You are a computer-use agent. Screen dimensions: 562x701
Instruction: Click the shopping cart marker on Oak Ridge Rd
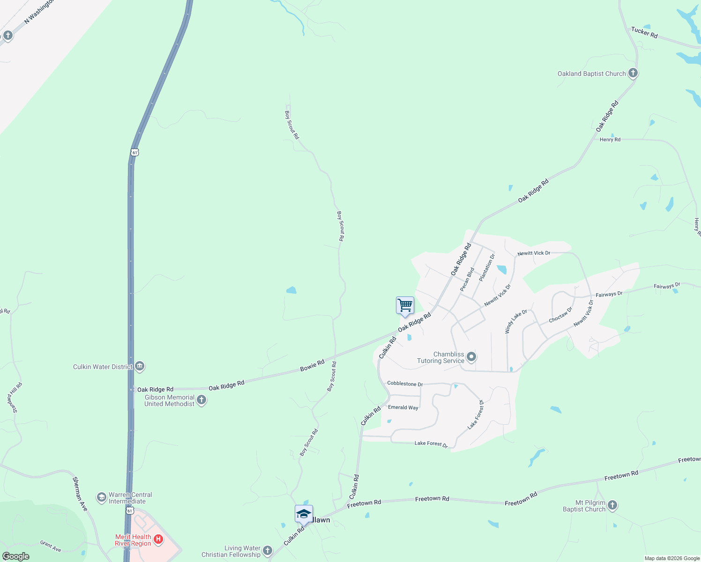(x=405, y=305)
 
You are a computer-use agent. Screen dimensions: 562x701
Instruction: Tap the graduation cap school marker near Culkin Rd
(x=304, y=514)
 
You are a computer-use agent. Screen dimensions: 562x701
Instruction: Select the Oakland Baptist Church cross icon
(x=633, y=73)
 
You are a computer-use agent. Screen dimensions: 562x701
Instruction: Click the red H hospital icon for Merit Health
(x=158, y=540)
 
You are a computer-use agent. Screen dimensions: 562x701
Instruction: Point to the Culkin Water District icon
(x=140, y=366)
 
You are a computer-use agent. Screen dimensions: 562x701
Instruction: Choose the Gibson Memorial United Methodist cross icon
(x=201, y=400)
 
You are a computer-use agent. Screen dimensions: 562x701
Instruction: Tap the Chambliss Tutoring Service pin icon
(x=471, y=357)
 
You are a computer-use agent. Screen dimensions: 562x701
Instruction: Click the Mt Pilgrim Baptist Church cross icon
(x=612, y=505)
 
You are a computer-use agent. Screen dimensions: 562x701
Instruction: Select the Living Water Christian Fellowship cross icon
(x=268, y=551)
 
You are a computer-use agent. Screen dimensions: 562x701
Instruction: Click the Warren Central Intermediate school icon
(x=101, y=497)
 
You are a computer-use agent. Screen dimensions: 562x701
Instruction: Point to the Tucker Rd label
(x=644, y=32)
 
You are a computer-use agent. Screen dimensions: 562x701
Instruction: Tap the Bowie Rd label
(x=312, y=365)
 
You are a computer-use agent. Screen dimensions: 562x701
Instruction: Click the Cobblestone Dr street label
(x=405, y=384)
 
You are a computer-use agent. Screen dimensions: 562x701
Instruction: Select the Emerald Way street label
(x=403, y=407)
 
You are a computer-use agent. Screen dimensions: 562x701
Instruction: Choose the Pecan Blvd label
(x=467, y=279)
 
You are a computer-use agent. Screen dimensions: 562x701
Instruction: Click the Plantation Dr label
(x=487, y=267)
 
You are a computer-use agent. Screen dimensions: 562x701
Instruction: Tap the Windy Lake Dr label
(x=516, y=321)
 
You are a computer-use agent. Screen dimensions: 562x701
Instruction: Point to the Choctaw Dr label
(x=560, y=315)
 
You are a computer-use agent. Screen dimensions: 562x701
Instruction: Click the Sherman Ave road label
(x=80, y=494)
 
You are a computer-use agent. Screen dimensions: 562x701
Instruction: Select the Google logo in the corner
(x=16, y=556)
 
